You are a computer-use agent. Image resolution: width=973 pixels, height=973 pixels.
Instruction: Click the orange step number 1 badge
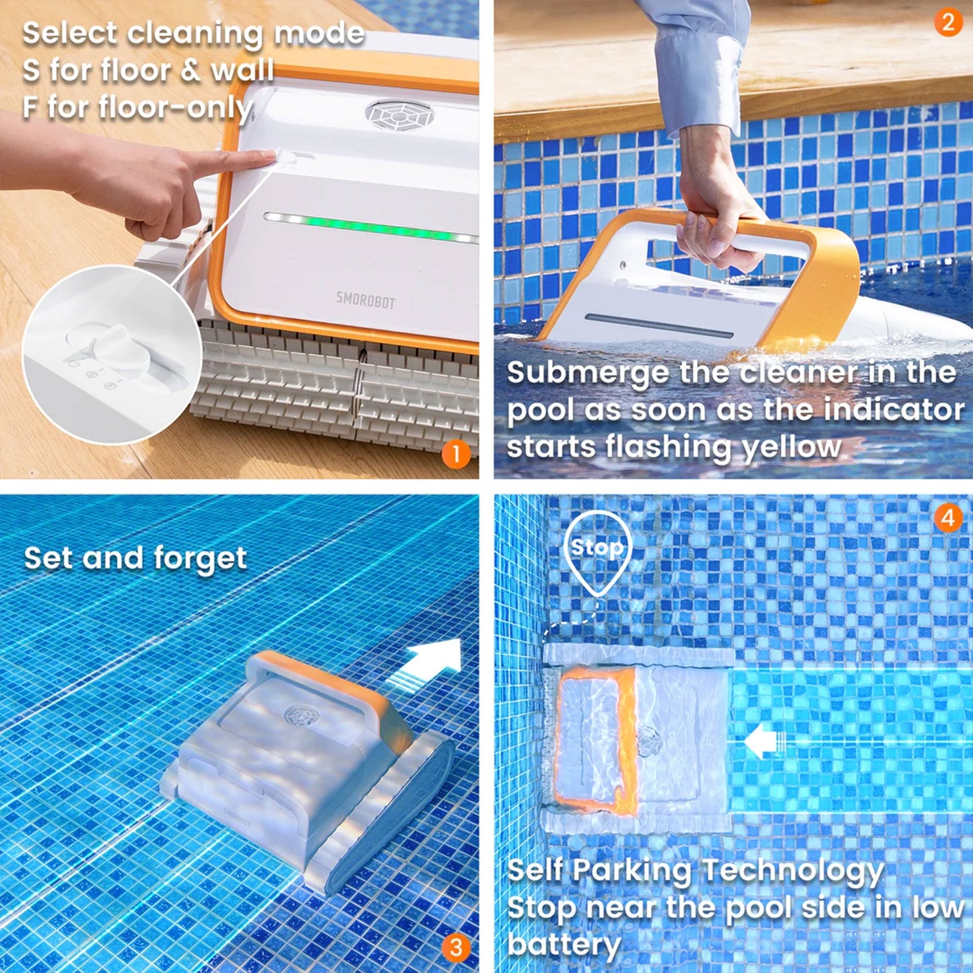456,455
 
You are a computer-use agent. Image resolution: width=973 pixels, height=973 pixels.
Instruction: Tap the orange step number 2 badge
948,23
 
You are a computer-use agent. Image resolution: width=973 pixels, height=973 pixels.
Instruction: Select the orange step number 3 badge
456,947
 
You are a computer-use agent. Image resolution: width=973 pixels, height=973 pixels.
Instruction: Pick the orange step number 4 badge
948,518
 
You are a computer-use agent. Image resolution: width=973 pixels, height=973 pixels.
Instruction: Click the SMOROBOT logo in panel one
366,300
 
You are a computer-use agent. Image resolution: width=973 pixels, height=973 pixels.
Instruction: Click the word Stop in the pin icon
597,547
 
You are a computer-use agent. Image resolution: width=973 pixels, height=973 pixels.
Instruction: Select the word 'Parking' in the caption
634,870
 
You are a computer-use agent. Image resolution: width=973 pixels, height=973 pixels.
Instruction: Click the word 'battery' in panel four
564,944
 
